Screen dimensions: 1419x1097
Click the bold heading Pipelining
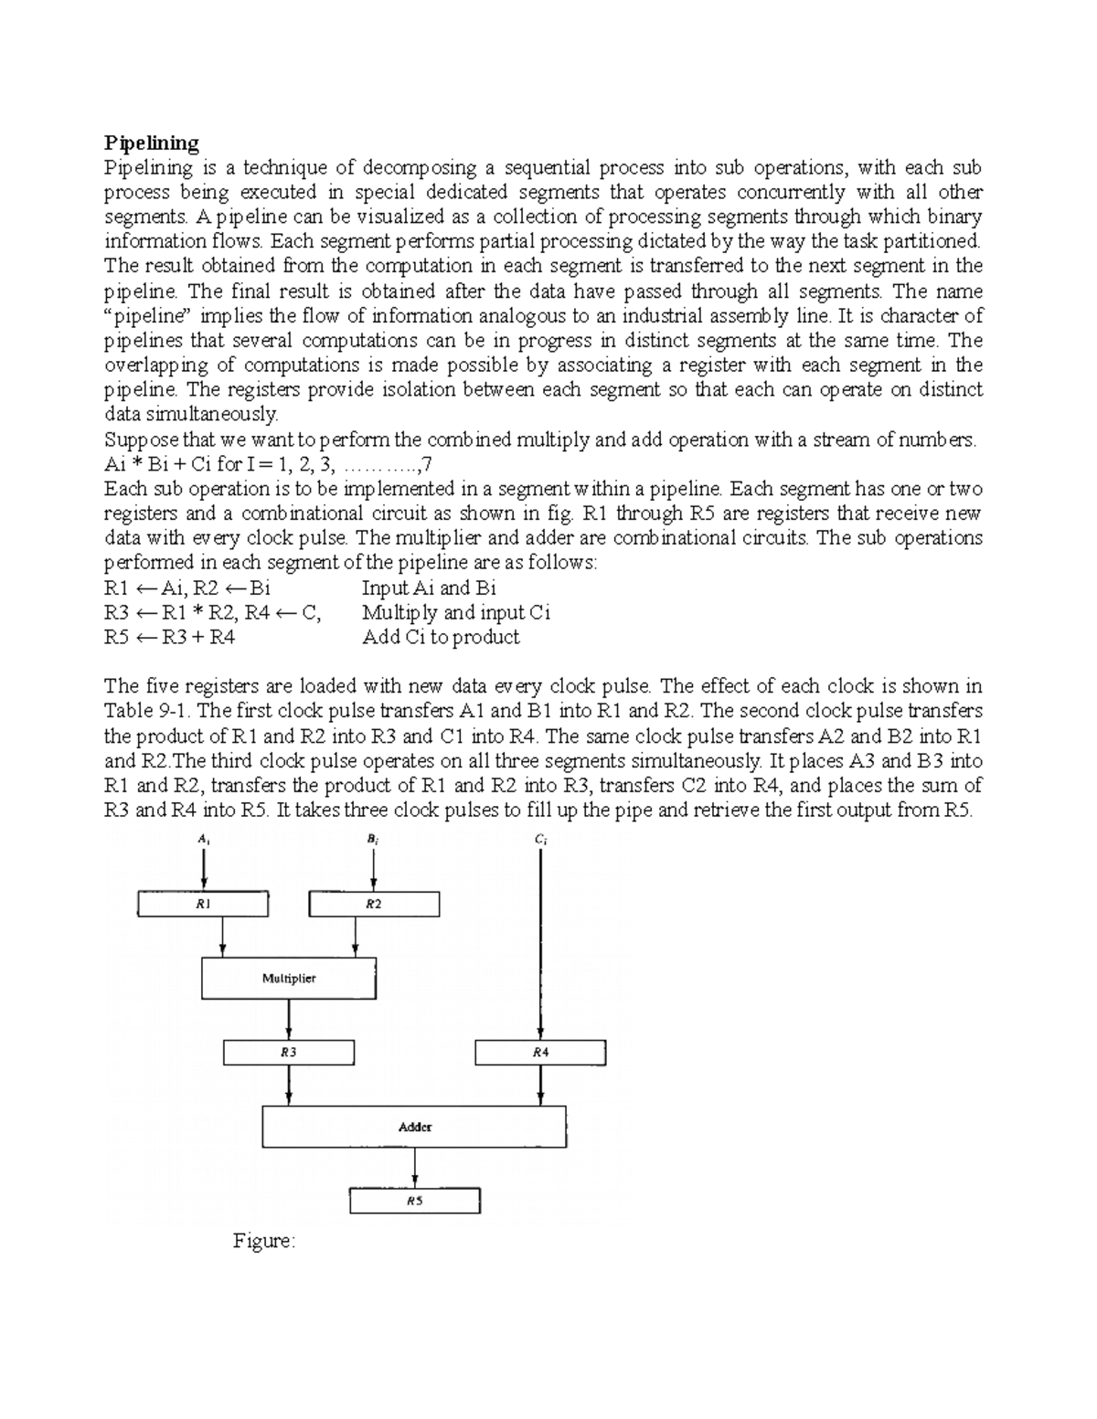coord(151,143)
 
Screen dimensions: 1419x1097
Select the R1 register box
coord(203,904)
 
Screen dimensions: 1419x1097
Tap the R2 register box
coord(374,904)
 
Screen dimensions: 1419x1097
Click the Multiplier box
coord(289,979)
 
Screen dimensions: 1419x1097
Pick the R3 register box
coord(289,1053)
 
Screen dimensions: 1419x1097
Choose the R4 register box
coord(540,1053)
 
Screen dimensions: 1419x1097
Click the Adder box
coord(414,1128)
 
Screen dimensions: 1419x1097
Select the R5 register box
coord(414,1201)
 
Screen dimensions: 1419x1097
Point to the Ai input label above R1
coord(203,839)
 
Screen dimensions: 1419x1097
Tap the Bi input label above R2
coord(373,839)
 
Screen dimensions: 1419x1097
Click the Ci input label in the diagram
coord(541,839)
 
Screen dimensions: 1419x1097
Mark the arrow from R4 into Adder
coord(541,1087)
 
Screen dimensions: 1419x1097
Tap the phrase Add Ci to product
coord(441,637)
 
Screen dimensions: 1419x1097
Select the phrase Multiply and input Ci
coord(455,612)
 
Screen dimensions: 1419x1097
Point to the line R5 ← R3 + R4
coord(170,637)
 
